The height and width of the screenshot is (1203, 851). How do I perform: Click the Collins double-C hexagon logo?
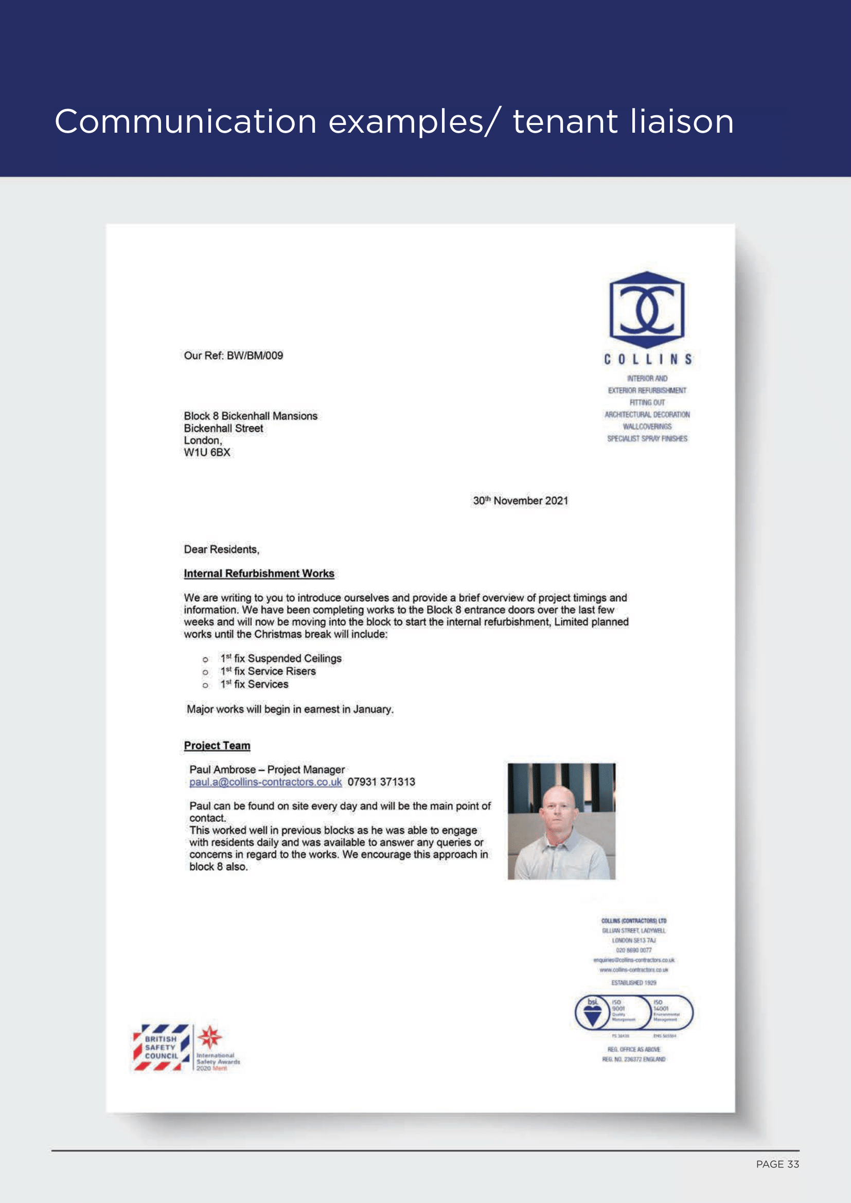[x=647, y=310]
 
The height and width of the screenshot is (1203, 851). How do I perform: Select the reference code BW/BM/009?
[x=255, y=356]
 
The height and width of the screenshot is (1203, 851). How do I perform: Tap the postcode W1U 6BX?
[x=207, y=453]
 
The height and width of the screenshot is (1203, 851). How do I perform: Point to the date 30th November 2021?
[x=520, y=501]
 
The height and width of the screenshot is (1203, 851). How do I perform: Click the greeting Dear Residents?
[x=221, y=550]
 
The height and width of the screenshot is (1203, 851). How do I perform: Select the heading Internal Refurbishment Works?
[x=259, y=574]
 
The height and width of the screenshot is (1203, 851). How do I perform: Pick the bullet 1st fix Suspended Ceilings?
[x=281, y=659]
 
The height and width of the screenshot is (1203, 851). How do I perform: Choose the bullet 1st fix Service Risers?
[x=268, y=672]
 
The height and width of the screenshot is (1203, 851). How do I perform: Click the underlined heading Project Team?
[x=217, y=746]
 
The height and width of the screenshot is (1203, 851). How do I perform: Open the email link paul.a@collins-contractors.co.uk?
[x=265, y=782]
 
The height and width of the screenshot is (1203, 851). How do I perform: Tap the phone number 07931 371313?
[x=381, y=782]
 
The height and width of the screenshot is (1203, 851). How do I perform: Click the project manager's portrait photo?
[x=561, y=821]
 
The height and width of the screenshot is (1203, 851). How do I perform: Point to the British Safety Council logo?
[x=161, y=1047]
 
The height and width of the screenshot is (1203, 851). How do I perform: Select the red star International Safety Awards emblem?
[x=209, y=1037]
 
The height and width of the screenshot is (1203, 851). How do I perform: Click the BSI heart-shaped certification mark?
[x=593, y=1012]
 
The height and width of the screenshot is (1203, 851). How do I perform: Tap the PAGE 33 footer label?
[x=777, y=1164]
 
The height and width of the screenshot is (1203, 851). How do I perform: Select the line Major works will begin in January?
[x=290, y=709]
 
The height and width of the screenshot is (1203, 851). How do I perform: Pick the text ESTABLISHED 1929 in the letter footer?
[x=633, y=983]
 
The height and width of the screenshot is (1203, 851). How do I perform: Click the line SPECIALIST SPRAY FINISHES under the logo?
[x=647, y=439]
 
